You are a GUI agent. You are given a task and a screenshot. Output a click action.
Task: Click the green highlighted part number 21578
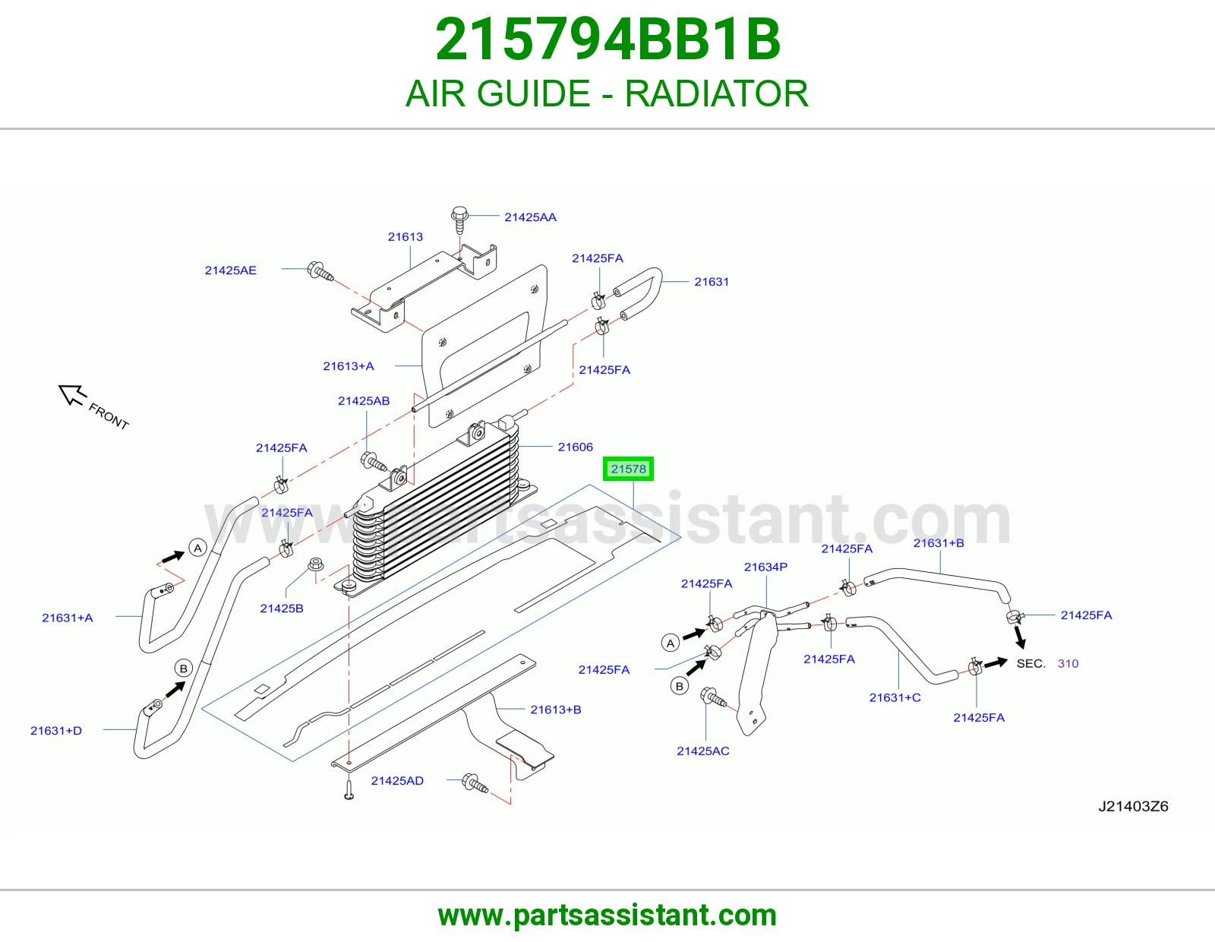point(628,469)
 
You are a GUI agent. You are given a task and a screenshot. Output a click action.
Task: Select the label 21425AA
point(530,217)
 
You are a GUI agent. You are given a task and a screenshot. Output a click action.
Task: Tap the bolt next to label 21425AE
point(320,271)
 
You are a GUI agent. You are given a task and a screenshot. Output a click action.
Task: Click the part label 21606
point(576,447)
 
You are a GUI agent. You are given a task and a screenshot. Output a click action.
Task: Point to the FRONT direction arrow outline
point(72,394)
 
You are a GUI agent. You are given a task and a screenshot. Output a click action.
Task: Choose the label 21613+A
point(349,366)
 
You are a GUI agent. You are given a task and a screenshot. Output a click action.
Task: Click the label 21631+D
point(56,731)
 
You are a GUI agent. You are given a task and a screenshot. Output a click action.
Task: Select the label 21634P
point(765,567)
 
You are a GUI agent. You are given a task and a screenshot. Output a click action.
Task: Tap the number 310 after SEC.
point(1068,663)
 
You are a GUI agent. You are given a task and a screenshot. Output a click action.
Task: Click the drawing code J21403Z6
point(1133,806)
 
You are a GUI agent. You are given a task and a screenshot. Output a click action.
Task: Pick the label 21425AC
point(703,751)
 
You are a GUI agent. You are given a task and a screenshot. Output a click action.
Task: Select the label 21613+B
point(556,710)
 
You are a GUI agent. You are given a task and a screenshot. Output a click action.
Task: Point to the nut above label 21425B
point(316,564)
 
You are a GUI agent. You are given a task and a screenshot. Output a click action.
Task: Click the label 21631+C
point(895,697)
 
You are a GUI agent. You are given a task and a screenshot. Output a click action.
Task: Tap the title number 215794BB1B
point(607,40)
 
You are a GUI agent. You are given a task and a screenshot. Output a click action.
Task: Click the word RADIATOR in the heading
point(716,93)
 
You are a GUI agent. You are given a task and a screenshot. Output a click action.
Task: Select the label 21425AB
point(364,400)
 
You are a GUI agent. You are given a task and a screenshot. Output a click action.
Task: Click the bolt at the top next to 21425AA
point(459,220)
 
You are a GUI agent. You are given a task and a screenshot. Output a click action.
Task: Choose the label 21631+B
point(939,542)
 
